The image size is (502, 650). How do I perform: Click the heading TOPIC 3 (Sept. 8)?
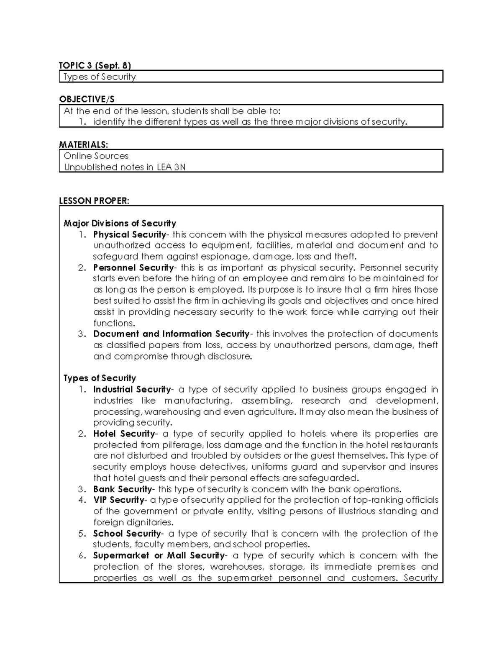tap(95, 65)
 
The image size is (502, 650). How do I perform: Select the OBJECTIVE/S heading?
tap(87, 99)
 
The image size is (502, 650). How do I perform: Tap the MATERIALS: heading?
tap(83, 144)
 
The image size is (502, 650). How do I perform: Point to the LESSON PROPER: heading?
tap(94, 201)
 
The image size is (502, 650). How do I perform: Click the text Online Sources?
tap(96, 156)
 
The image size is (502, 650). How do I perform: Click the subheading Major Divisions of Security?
tap(120, 223)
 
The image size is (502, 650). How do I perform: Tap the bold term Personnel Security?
tap(133, 267)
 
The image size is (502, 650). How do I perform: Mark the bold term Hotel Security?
tap(124, 434)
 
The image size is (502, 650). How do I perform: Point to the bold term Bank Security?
tap(122, 489)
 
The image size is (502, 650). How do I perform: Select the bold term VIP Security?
tap(118, 500)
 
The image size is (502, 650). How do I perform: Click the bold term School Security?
tap(127, 534)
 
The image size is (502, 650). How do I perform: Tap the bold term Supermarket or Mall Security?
tap(159, 556)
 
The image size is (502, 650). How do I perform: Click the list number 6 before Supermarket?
tap(82, 556)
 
